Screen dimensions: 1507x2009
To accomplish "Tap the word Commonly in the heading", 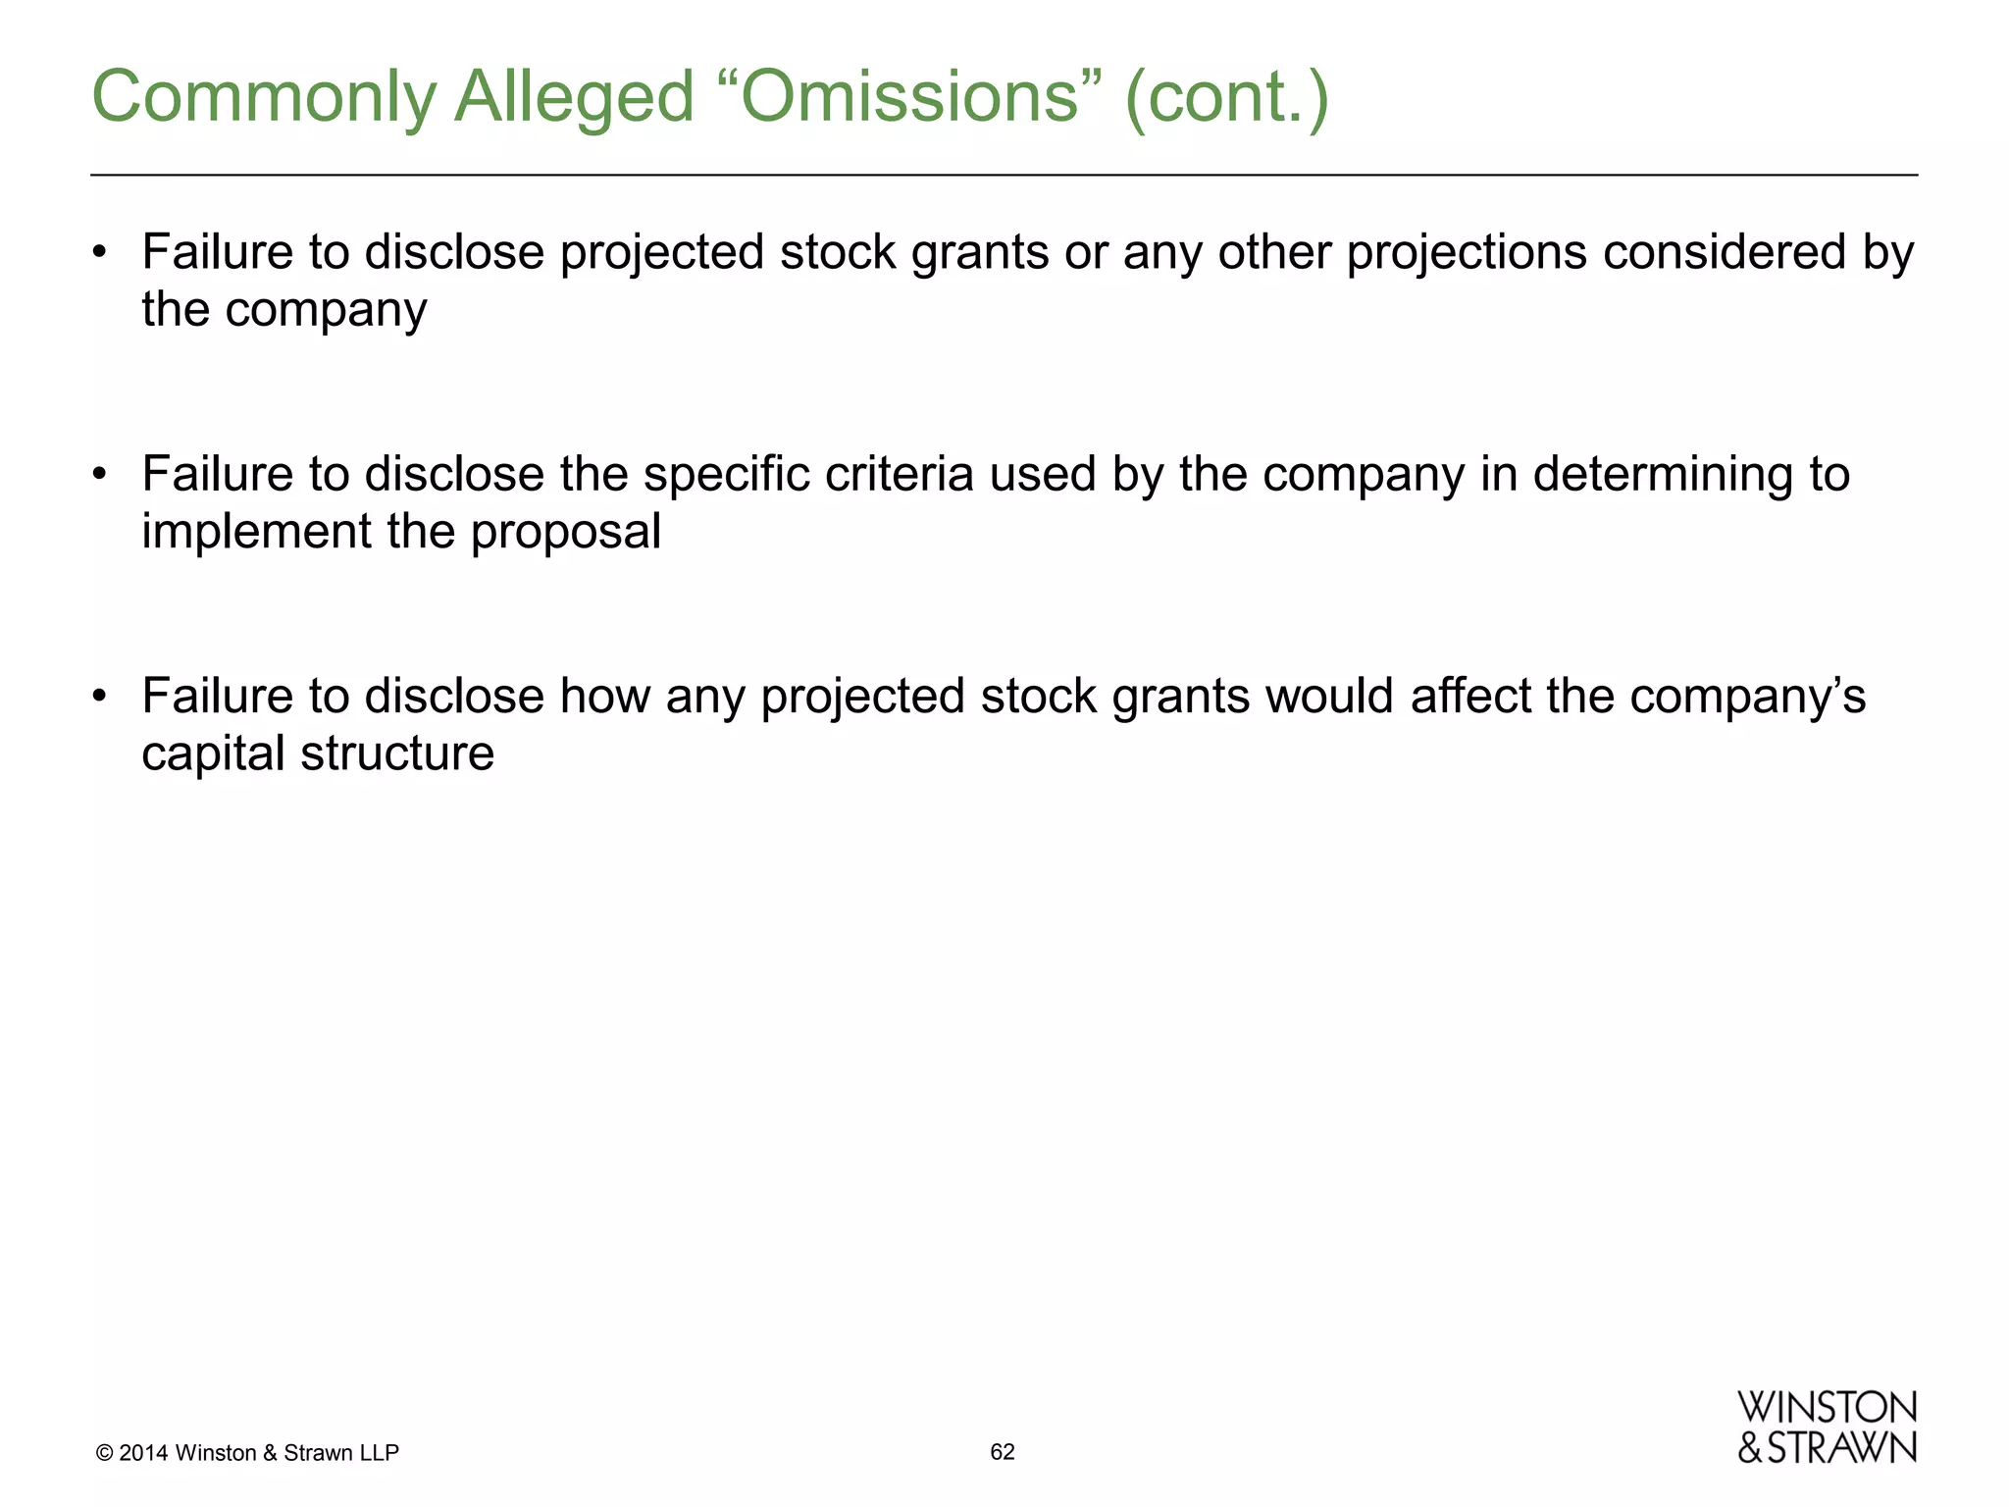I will pos(263,98).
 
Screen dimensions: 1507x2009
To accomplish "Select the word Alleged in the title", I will pos(574,98).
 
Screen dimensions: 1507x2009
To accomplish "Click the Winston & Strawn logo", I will pos(1827,1428).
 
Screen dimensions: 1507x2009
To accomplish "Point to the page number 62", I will pos(1003,1452).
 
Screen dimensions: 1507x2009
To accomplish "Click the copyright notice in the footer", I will pos(247,1453).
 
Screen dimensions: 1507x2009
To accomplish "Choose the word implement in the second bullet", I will pos(256,533).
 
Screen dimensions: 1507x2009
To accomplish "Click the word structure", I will pos(397,753).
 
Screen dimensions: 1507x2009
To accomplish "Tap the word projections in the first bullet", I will pos(1467,252).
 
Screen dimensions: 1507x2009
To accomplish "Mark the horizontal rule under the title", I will pos(1004,176).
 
